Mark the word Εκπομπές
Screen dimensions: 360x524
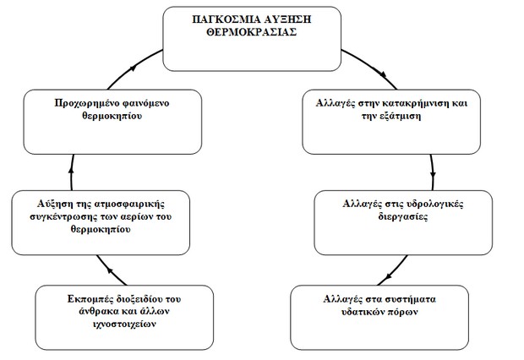pyautogui.click(x=90, y=299)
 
